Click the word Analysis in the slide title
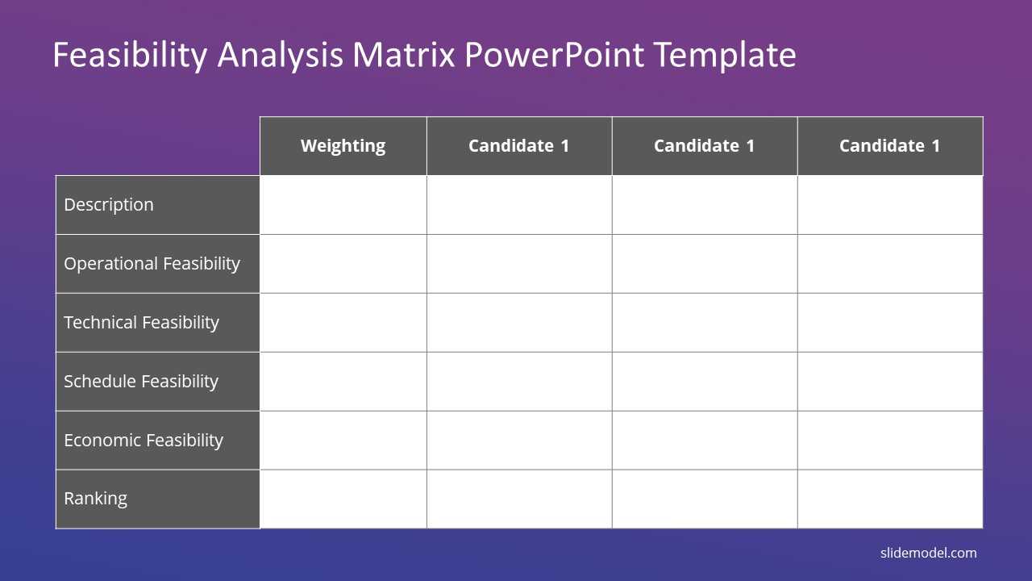[280, 56]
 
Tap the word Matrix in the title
[404, 55]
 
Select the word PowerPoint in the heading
[554, 55]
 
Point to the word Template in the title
[725, 56]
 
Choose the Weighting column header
[343, 146]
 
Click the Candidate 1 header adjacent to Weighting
[519, 146]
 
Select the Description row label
[109, 205]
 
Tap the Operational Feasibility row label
[152, 264]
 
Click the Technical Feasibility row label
[141, 322]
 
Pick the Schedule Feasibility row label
[141, 382]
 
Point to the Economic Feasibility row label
[144, 441]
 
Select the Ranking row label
[95, 499]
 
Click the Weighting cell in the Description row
[343, 205]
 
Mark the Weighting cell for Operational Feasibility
[343, 264]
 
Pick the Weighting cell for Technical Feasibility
[343, 323]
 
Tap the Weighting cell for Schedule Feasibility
[343, 382]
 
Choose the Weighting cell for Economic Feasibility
[343, 441]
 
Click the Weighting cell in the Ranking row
[343, 499]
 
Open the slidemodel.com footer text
[928, 553]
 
